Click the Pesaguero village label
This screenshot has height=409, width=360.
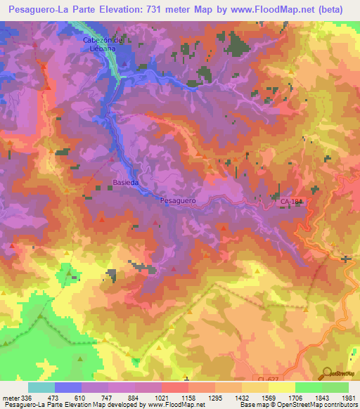point(177,200)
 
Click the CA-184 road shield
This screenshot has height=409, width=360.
point(290,202)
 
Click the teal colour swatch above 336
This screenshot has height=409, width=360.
point(41,387)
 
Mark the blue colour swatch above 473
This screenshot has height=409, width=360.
point(68,387)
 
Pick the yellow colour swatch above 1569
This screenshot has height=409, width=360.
point(281,387)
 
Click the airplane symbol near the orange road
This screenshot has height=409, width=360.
point(345,259)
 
